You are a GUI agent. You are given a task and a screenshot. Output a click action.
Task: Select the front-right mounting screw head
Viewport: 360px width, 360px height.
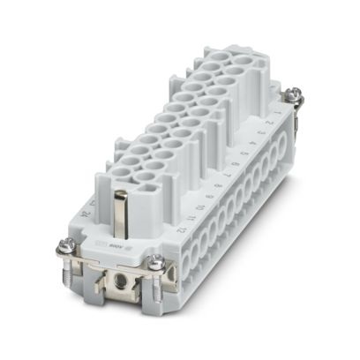[x=155, y=262]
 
